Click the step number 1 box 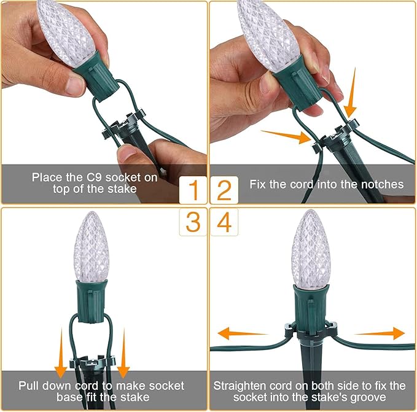pos(193,191)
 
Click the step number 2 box pos(224,191)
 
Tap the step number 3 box pos(193,222)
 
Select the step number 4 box pos(224,222)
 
